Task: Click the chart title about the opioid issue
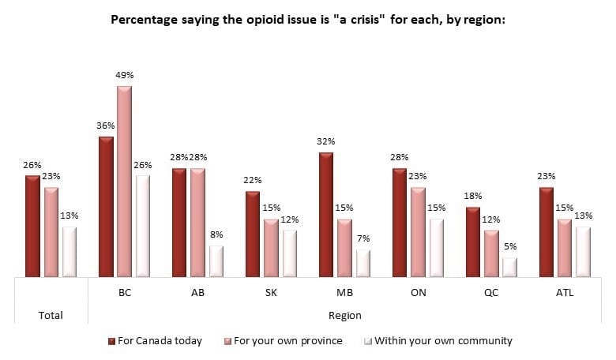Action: click(x=307, y=17)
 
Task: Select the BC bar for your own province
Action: click(x=125, y=182)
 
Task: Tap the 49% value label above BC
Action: click(x=125, y=75)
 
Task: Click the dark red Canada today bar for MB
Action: click(x=326, y=215)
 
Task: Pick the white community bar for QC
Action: click(x=511, y=268)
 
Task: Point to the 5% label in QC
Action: click(x=511, y=246)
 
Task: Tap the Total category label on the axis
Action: click(x=51, y=315)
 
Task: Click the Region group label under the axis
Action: click(x=345, y=315)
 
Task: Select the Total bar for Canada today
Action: click(x=32, y=227)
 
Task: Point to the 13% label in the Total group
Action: click(x=69, y=216)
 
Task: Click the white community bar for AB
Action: click(x=216, y=261)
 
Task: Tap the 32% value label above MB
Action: click(x=326, y=141)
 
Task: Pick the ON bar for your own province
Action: click(x=419, y=232)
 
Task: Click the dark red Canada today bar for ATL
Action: click(x=547, y=232)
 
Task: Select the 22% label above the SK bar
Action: click(x=253, y=180)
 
